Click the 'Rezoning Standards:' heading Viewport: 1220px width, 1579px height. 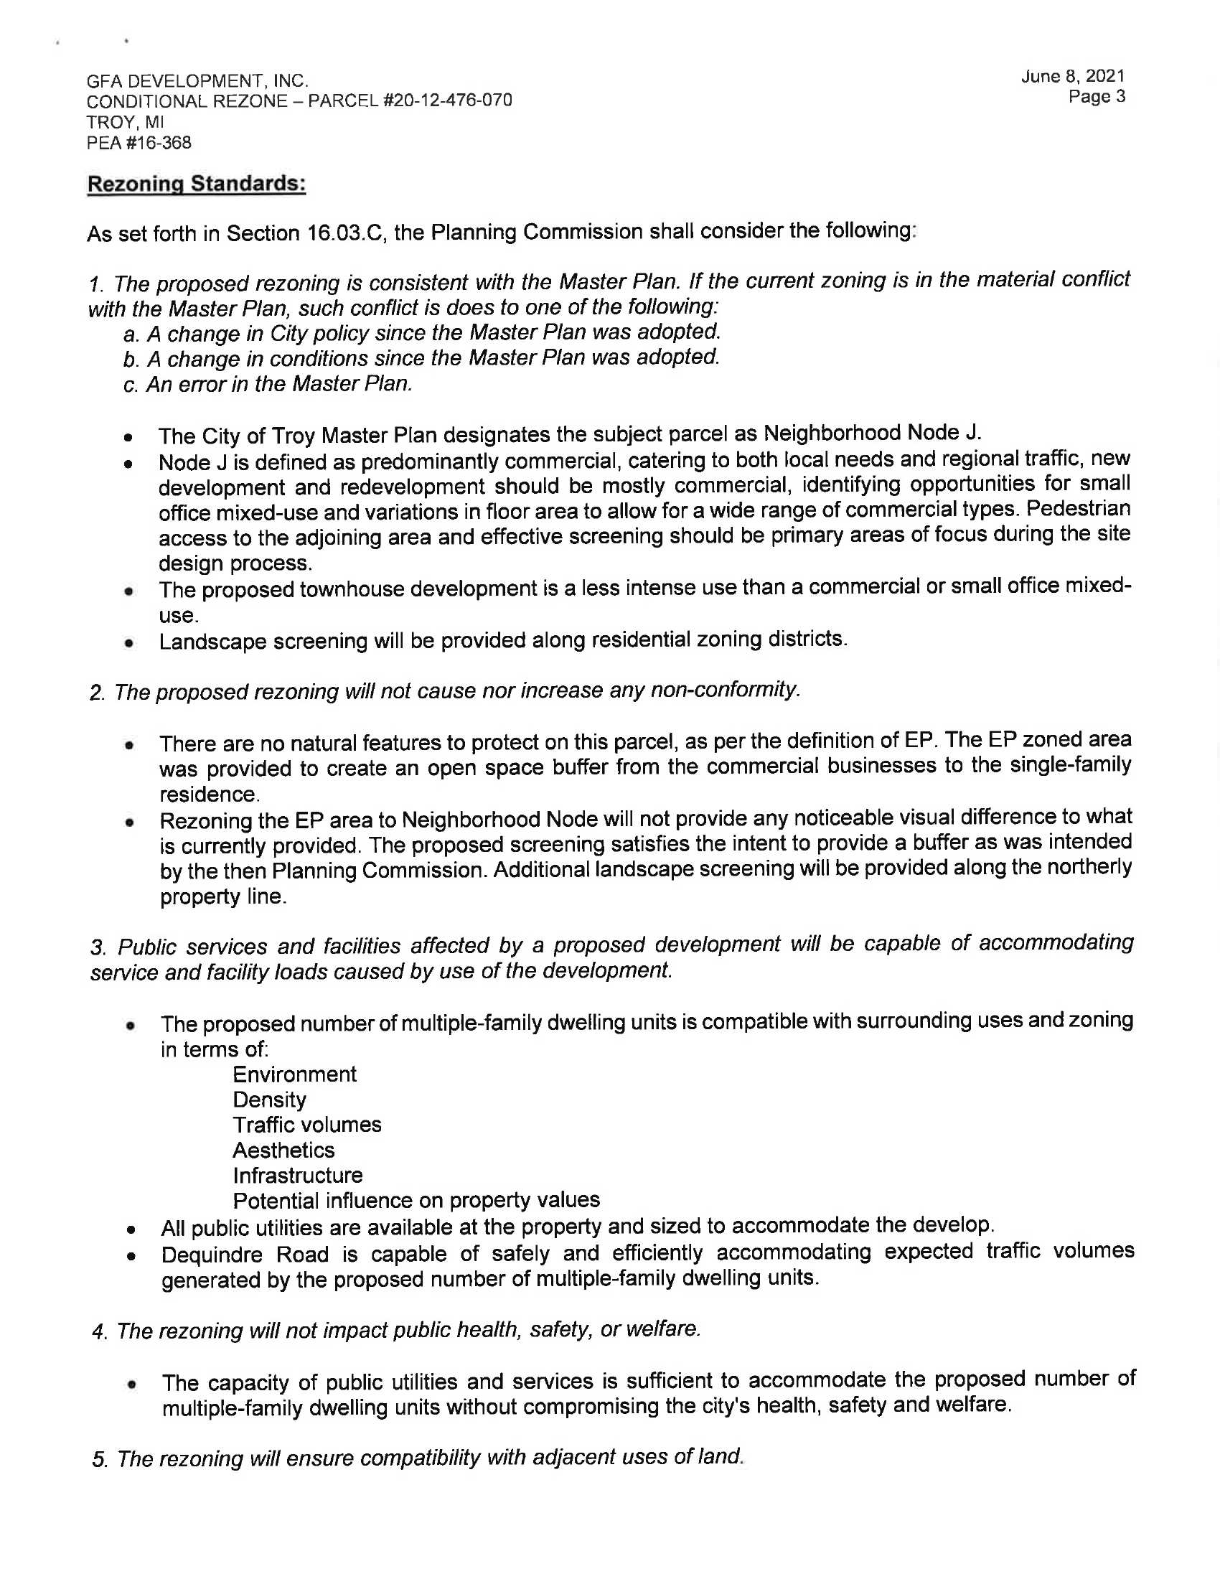tap(196, 184)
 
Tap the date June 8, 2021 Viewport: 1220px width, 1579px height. tap(1073, 76)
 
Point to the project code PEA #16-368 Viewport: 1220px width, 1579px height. tap(139, 143)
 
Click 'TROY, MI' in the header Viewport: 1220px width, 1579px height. tap(125, 122)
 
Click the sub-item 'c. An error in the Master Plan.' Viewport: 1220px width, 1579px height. tap(268, 384)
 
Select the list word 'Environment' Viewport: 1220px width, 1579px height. tap(294, 1074)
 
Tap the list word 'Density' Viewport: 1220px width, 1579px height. tap(269, 1100)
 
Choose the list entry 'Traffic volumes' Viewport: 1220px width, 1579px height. tap(306, 1125)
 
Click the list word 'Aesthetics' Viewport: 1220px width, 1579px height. tap(283, 1151)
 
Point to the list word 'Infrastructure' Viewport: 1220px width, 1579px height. tap(297, 1176)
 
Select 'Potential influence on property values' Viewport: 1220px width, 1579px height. tap(416, 1201)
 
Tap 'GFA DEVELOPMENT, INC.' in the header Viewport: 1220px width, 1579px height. tap(197, 80)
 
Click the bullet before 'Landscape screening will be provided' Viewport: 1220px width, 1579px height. tap(128, 642)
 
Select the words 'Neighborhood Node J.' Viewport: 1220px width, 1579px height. tap(873, 433)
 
